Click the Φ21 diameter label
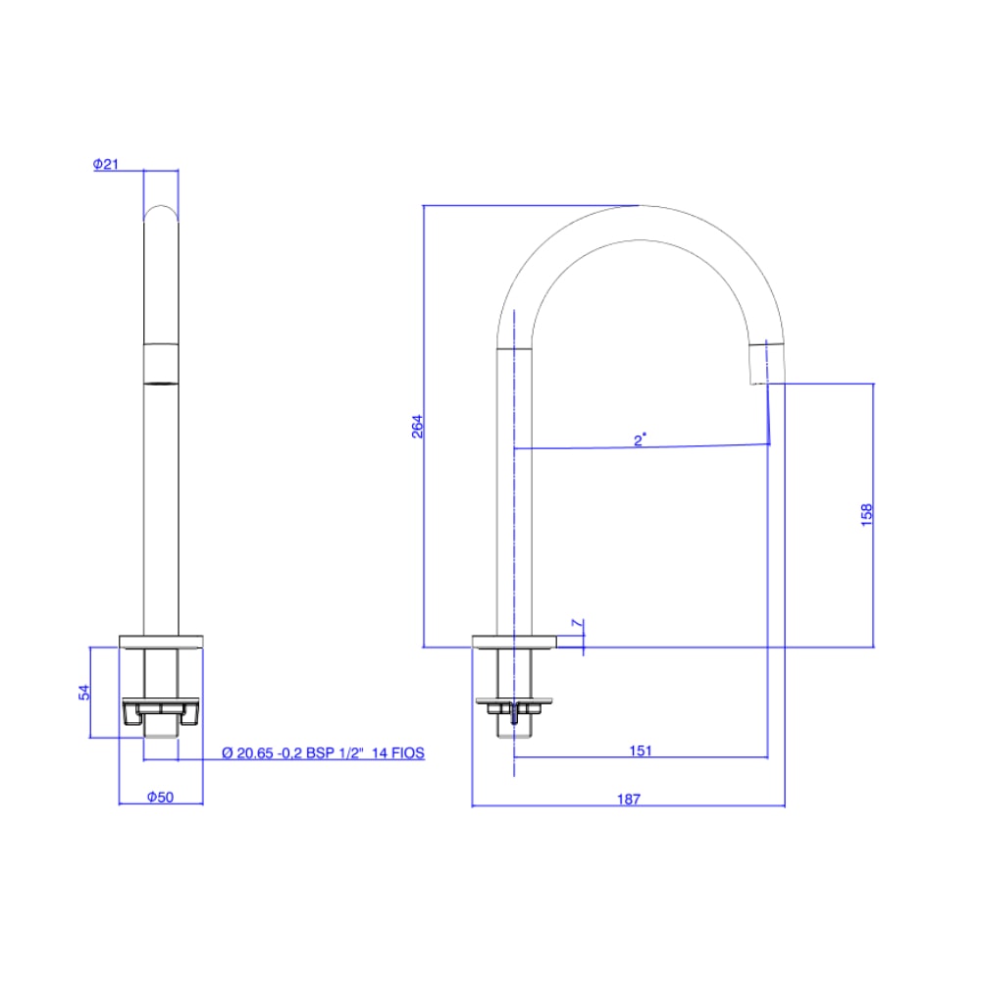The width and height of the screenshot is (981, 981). click(106, 164)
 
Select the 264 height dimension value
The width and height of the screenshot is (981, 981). click(417, 426)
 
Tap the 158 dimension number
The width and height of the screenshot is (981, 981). click(866, 515)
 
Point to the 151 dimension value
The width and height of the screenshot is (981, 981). click(641, 750)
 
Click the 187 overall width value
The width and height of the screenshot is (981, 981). click(629, 799)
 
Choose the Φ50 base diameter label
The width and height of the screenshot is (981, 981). click(160, 797)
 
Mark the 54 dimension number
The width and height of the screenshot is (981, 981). click(83, 692)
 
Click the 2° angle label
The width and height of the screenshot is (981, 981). click(640, 439)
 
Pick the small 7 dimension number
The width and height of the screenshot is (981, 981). click(577, 623)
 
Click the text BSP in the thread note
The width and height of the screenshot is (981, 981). click(320, 752)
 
